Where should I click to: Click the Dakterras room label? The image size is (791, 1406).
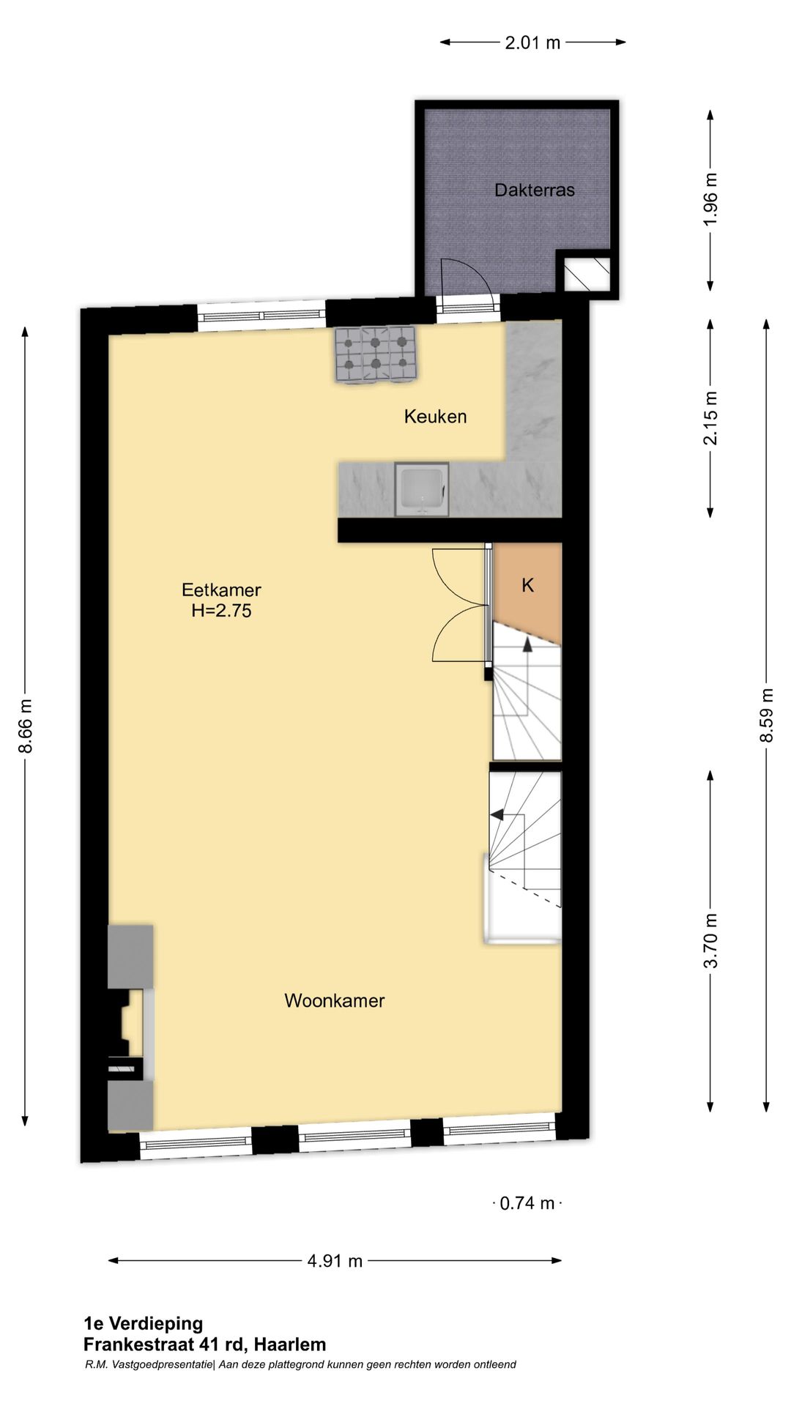534,190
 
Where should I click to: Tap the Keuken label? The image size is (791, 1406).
435,417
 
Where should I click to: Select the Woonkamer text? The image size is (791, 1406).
334,1000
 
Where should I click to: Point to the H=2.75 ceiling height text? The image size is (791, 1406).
221,611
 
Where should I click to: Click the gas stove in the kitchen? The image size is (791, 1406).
376,354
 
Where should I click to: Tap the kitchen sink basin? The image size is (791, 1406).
422,489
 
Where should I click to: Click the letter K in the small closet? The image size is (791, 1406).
527,585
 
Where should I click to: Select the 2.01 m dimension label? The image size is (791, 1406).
532,42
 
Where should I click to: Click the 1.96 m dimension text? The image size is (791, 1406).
710,200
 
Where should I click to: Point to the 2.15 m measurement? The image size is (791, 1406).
710,418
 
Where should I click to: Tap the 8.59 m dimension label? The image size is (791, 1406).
766,715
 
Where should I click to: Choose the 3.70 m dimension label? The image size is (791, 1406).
710,941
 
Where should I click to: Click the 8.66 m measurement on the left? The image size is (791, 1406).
26,726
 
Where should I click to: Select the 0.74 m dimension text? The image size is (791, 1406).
527,1203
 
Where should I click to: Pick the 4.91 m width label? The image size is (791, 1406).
335,1261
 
